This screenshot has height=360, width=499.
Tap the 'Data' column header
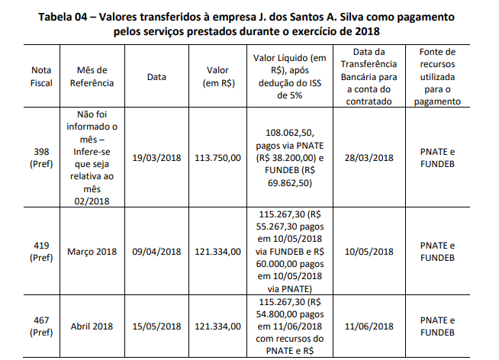[x=156, y=76]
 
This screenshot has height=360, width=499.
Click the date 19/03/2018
[x=156, y=158]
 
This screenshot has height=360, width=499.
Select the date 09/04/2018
[x=156, y=252]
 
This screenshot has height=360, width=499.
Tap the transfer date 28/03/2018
[x=369, y=158]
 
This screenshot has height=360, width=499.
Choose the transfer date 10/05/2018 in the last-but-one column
[x=369, y=252]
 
